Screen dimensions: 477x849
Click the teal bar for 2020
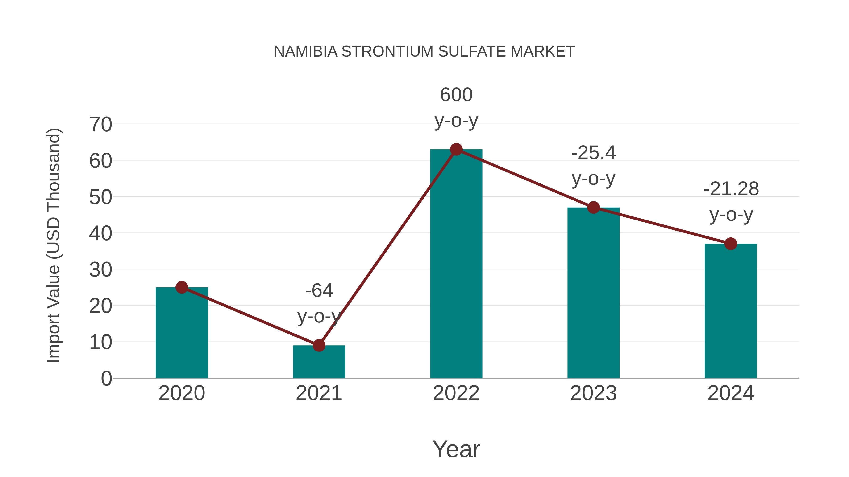[x=182, y=332]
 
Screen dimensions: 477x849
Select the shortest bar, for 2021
[x=319, y=362]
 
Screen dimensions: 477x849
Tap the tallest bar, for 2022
[x=456, y=263]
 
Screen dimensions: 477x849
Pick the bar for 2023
[x=593, y=293]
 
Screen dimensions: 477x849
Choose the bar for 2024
[x=731, y=311]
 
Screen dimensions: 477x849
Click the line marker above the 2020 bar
[x=182, y=287]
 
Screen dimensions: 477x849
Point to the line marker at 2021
[x=319, y=345]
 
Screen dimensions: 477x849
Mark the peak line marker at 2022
[x=456, y=149]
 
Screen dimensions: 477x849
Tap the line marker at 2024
[x=731, y=244]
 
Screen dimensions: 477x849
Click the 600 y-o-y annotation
[x=456, y=107]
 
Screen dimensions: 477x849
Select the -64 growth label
[x=319, y=303]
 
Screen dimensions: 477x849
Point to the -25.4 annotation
[x=593, y=165]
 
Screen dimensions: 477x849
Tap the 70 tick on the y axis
[x=100, y=125]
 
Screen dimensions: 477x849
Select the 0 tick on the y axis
[x=106, y=379]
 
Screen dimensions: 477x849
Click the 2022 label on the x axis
[x=456, y=393]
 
